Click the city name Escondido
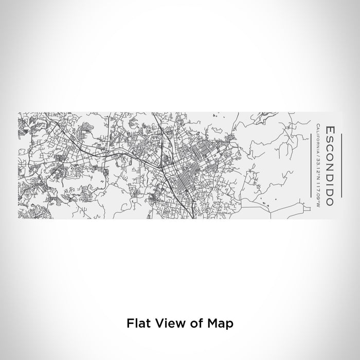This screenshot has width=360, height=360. tap(330, 165)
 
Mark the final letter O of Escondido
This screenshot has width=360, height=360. tap(330, 201)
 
